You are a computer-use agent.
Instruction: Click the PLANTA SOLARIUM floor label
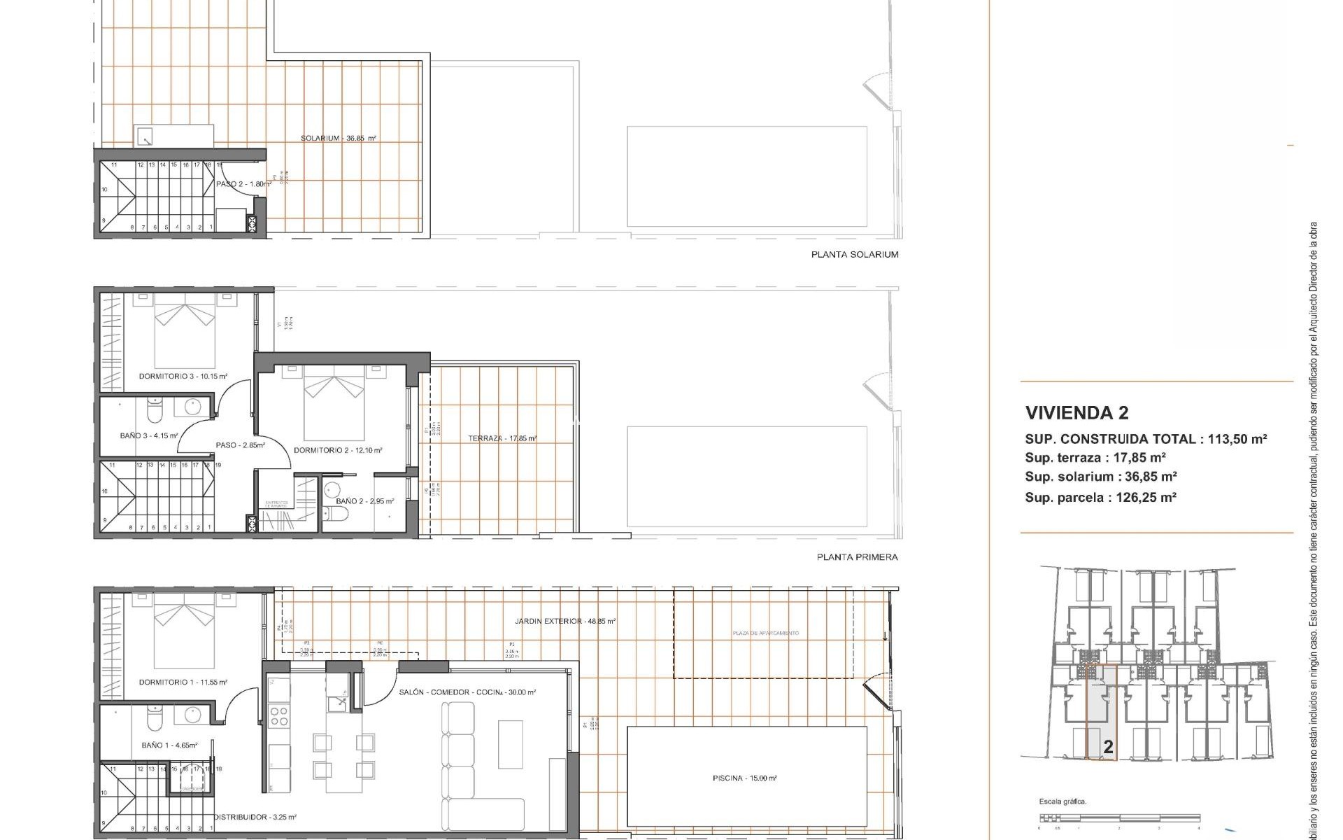point(854,255)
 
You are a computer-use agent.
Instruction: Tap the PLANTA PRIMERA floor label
point(857,557)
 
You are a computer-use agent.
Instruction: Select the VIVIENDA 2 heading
point(1076,413)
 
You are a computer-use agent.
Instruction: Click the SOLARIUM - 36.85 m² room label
point(339,139)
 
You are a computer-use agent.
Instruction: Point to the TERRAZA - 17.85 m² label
point(502,439)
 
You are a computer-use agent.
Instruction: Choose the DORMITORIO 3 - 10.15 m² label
point(183,377)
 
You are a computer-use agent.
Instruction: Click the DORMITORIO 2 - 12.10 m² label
point(338,450)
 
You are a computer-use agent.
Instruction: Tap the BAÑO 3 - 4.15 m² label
point(148,436)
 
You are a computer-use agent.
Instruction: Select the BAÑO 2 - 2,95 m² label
point(364,501)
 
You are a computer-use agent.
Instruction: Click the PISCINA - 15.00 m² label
point(745,778)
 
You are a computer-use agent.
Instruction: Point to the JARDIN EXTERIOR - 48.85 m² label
point(564,621)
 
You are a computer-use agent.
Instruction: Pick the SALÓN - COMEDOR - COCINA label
point(467,692)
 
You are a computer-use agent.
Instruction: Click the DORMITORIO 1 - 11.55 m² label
point(183,682)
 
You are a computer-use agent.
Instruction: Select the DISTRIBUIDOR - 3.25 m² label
point(255,817)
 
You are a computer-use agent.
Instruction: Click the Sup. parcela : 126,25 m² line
point(1100,498)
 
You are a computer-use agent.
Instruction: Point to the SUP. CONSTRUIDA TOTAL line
point(1146,440)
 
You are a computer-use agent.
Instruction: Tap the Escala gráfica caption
point(1063,802)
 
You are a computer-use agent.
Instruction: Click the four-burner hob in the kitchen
point(280,716)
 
